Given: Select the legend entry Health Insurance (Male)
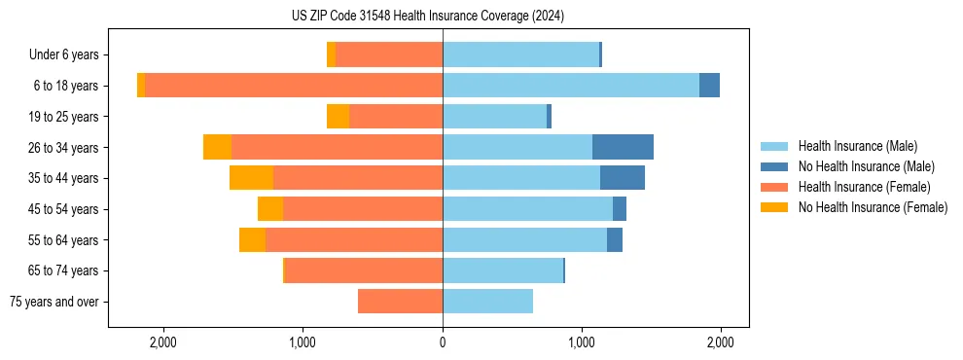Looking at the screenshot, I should (x=857, y=146).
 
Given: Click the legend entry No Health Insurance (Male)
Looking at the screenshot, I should (x=866, y=166).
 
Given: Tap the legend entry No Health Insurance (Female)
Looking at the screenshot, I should (x=873, y=207).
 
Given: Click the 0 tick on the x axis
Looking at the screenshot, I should (x=443, y=342).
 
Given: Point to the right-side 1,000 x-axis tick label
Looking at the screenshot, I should (x=582, y=342).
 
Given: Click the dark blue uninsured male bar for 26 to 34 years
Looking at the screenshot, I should (x=623, y=147).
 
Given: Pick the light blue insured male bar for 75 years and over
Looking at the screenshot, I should (x=487, y=302).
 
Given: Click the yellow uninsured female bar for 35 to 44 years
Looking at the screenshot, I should (x=251, y=178).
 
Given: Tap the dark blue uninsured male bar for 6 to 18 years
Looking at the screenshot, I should (x=709, y=86).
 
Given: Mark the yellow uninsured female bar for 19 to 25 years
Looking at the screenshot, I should (x=338, y=117).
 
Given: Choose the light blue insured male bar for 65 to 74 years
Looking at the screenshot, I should (x=503, y=270).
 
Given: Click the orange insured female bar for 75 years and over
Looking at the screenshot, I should (x=400, y=302).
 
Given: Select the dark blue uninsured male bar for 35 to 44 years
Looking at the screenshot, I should (x=623, y=178).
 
